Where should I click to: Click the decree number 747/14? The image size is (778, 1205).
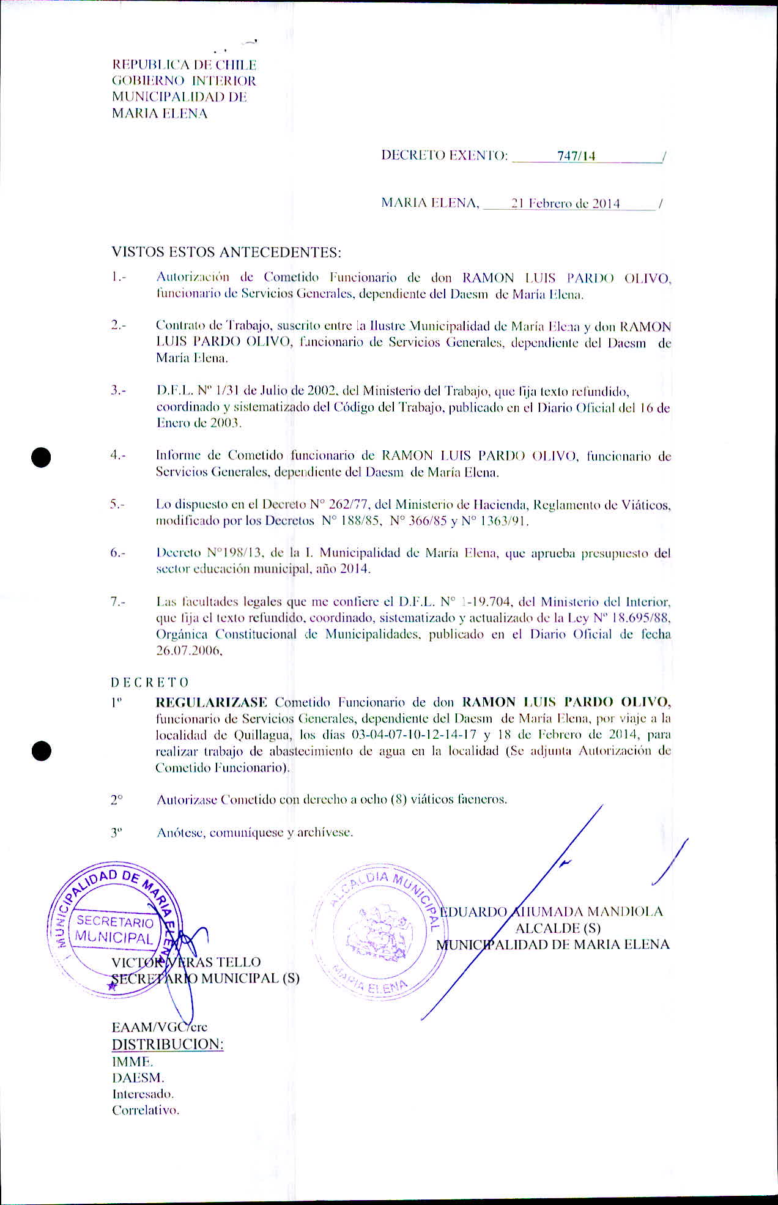576,157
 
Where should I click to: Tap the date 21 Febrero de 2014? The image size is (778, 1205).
566,204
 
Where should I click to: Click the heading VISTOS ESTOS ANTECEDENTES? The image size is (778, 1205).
226,252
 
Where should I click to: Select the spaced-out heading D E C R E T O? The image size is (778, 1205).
150,683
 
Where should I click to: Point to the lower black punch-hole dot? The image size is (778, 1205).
41,751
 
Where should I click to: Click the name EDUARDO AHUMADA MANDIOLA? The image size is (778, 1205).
551,912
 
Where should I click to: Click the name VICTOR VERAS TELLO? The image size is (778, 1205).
186,962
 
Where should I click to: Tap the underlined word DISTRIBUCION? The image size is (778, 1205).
168,1044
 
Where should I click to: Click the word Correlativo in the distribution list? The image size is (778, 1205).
146,1110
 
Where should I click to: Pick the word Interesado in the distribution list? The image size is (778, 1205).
143,1094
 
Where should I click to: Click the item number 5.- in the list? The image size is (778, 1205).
118,505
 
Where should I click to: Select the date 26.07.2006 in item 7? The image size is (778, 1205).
188,651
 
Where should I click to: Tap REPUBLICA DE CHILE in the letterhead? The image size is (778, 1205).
184,65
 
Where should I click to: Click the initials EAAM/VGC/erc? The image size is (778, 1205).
159,1027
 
